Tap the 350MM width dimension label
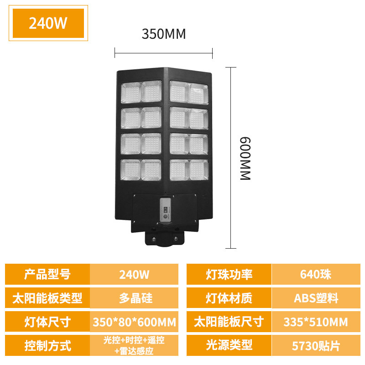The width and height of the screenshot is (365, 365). coord(163,34)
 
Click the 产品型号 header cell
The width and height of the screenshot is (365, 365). coord(47,274)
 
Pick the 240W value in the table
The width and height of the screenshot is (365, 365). coord(134,274)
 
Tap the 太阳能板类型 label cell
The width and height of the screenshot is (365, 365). coord(47,298)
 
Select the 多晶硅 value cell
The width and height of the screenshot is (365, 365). coord(134,298)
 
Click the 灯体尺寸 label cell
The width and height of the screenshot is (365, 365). coord(47,322)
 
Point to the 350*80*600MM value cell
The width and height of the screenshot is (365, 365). coord(134,322)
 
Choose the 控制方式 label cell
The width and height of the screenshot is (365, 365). coord(47,345)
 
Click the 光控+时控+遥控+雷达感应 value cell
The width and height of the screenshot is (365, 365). coord(134,345)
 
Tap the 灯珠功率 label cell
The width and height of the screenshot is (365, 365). coord(229,274)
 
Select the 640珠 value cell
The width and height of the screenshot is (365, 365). coord(316,274)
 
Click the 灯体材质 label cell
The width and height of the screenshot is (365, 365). coord(229,298)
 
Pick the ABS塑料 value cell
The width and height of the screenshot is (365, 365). coord(316,298)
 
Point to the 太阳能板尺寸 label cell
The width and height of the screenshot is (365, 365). coord(229,322)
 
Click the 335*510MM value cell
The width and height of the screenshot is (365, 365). coord(316,322)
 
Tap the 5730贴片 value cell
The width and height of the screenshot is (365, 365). coord(316,345)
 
